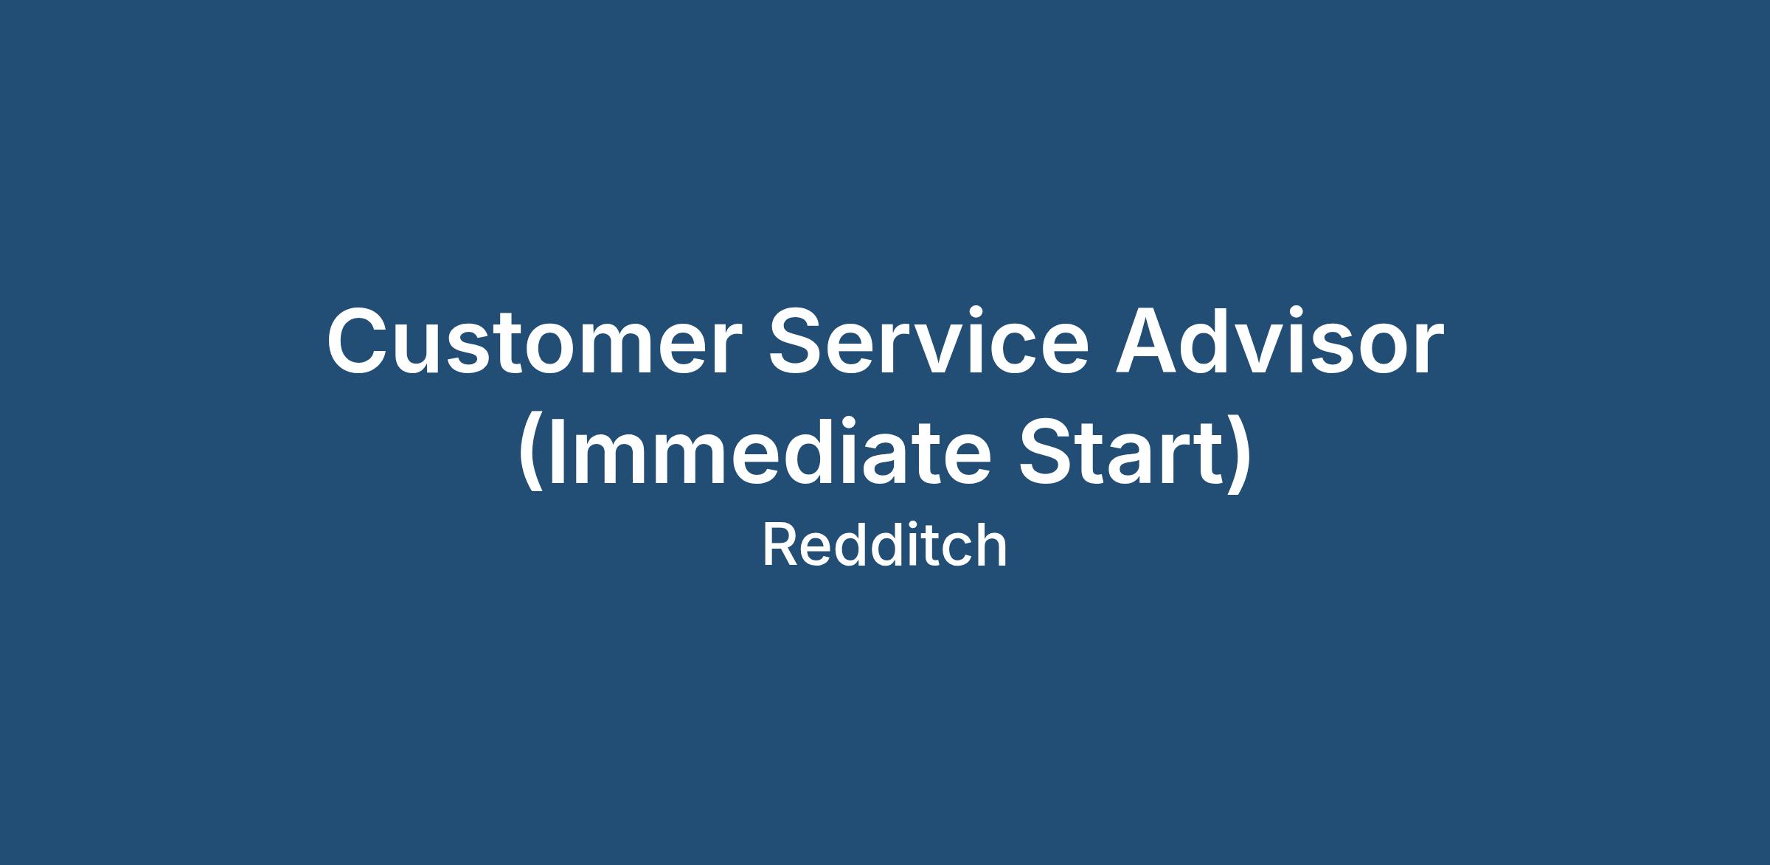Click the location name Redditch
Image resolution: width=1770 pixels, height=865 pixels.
[x=884, y=546]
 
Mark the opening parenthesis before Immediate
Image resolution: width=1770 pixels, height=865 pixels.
[x=532, y=455]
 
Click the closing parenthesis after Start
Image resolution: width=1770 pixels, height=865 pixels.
[x=1238, y=455]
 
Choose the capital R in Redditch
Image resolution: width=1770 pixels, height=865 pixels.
[x=780, y=546]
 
